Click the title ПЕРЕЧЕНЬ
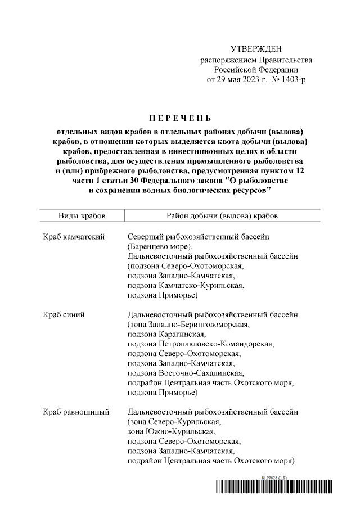(x=180, y=118)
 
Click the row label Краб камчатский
(x=74, y=237)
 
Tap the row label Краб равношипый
(x=76, y=412)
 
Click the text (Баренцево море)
(x=160, y=247)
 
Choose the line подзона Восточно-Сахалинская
(x=185, y=373)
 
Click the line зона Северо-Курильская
(x=172, y=422)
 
